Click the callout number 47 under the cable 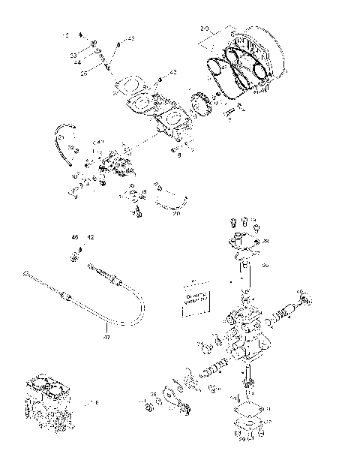(x=106, y=338)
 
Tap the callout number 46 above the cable (x=75, y=237)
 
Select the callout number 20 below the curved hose (x=177, y=213)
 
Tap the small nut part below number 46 (x=76, y=258)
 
